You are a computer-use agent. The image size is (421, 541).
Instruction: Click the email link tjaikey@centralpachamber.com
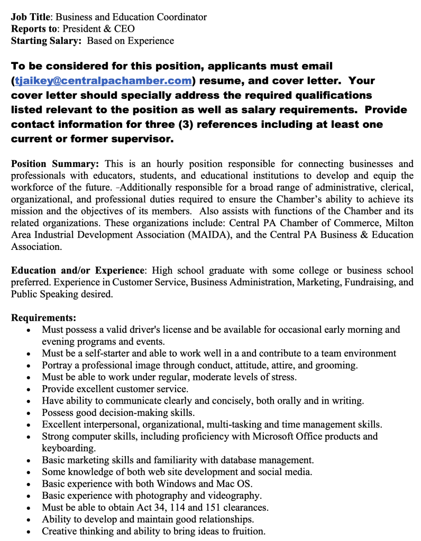pyautogui.click(x=103, y=81)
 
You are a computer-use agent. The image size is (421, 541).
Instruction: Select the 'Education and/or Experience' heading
pyautogui.click(x=77, y=270)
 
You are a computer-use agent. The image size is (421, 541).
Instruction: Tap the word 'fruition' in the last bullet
pyautogui.click(x=245, y=531)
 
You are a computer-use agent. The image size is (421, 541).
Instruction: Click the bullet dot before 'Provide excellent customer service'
pyautogui.click(x=28, y=389)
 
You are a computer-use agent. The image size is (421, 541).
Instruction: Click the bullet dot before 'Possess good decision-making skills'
pyautogui.click(x=28, y=413)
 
